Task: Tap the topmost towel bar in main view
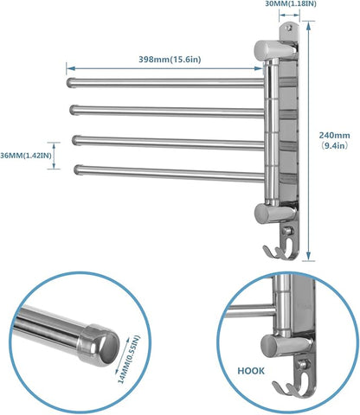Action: [164, 84]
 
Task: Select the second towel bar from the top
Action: [164, 111]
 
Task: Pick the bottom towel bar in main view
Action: [164, 171]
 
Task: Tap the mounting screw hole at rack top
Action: [280, 36]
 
